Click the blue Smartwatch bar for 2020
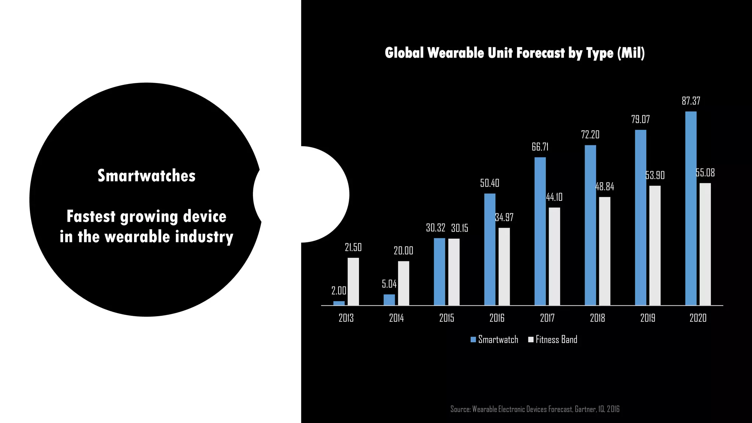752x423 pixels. (x=691, y=208)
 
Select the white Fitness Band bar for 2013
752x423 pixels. (x=353, y=281)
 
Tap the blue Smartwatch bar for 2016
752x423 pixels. (x=490, y=249)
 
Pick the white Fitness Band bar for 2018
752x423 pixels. (x=605, y=251)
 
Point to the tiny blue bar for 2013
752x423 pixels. (x=339, y=303)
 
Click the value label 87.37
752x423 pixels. (x=691, y=101)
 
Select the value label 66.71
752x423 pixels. (x=540, y=147)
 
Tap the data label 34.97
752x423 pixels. (x=504, y=217)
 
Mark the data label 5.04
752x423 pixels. (x=389, y=284)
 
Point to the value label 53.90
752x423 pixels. (x=655, y=176)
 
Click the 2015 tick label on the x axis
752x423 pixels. (x=446, y=318)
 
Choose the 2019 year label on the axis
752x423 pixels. (x=648, y=318)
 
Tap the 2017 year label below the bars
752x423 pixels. (x=547, y=318)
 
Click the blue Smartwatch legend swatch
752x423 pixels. (x=473, y=340)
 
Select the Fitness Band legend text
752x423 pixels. (x=556, y=340)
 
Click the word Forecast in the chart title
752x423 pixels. (x=540, y=53)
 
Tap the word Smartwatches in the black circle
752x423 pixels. (x=147, y=176)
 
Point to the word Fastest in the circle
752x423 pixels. (x=91, y=217)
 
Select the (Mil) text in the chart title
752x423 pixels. (x=631, y=53)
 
